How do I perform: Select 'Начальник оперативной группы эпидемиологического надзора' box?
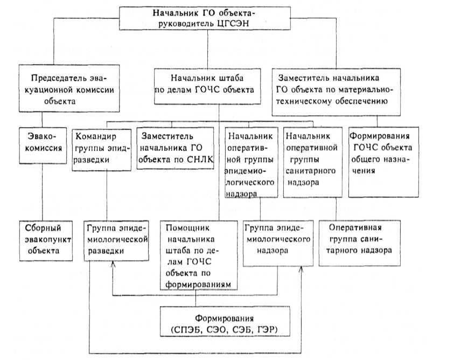(251, 161)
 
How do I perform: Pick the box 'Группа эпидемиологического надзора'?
(277, 242)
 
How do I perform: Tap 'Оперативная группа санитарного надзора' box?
(360, 243)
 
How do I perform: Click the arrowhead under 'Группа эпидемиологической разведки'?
(113, 264)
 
